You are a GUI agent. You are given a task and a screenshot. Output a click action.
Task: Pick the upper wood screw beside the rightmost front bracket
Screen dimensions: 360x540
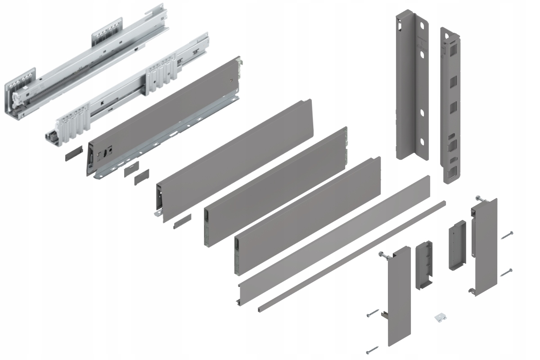tap(506, 235)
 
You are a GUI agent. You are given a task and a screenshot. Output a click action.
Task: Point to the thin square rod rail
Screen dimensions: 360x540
tap(351, 256)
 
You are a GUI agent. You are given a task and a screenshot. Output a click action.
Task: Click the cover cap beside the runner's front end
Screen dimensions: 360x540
tap(72, 155)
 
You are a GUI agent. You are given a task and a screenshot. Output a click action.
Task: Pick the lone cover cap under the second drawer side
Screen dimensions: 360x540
tap(182, 220)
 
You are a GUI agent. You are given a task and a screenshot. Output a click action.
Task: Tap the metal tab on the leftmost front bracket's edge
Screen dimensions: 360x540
tap(384, 315)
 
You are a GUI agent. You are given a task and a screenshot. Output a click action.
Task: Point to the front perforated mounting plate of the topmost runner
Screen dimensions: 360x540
tap(20, 81)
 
